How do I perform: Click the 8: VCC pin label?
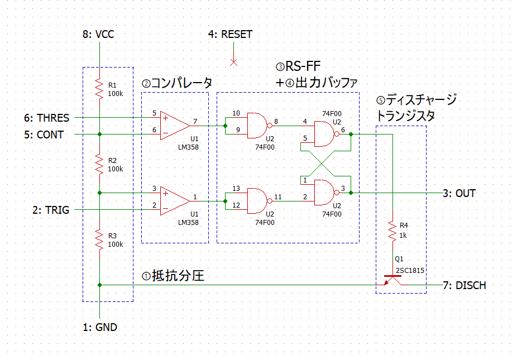pyautogui.click(x=98, y=35)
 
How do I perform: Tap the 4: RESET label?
pyautogui.click(x=230, y=35)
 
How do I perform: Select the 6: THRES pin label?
pyautogui.click(x=46, y=118)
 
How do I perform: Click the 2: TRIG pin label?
pyautogui.click(x=50, y=210)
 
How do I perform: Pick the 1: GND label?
pyautogui.click(x=100, y=328)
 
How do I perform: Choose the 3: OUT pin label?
pyautogui.click(x=459, y=193)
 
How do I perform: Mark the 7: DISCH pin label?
pyautogui.click(x=464, y=285)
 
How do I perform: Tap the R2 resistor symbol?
pyautogui.click(x=99, y=164)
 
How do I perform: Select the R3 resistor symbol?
pyautogui.click(x=99, y=239)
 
